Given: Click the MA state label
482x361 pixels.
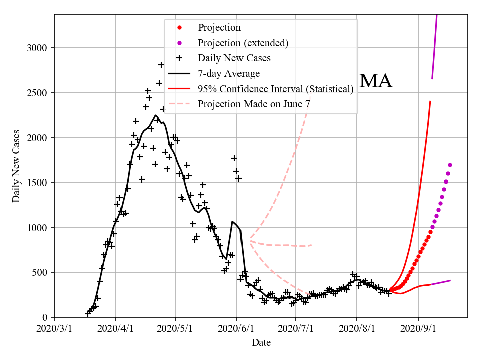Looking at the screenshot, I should (x=376, y=81).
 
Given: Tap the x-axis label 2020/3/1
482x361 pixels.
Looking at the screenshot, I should (x=54, y=329).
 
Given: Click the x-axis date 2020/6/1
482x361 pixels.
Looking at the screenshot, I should (x=236, y=329).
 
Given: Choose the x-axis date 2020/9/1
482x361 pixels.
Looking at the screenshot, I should (x=418, y=329).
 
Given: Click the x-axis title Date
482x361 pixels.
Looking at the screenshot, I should (x=261, y=343).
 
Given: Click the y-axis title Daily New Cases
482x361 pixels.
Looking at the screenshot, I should (x=16, y=166).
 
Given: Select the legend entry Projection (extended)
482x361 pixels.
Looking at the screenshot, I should (x=243, y=43).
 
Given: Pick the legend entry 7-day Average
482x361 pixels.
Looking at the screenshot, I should (x=228, y=74).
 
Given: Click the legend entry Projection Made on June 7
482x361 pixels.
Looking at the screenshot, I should (x=254, y=104).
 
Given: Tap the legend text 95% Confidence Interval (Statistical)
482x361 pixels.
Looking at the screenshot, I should (x=276, y=89).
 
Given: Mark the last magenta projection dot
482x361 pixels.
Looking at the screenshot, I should (x=450, y=165).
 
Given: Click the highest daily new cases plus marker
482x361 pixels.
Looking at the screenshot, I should (x=161, y=65).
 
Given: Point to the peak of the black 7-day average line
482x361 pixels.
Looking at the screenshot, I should (x=156, y=115).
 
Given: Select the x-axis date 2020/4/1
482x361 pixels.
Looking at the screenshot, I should (x=116, y=329).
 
